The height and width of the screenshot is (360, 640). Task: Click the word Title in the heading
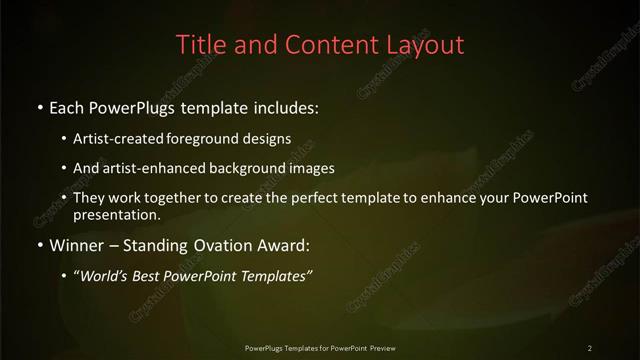198,45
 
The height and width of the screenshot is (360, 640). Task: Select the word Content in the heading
323,45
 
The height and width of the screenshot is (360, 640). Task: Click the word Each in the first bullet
68,105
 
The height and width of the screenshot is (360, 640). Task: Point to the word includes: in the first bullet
287,105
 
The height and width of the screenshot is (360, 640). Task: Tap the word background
240,168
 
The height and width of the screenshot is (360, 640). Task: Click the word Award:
294,244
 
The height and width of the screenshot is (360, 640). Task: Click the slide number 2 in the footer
590,347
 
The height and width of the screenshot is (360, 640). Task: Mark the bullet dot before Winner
39,245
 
